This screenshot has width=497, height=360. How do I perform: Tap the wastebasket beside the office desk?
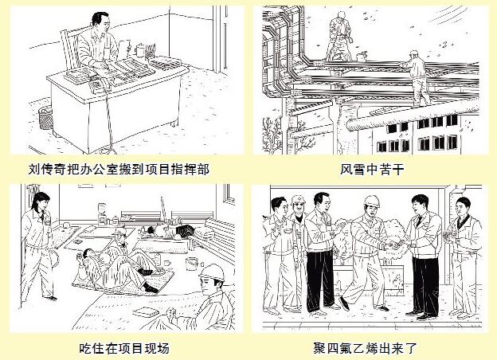pos(45,118)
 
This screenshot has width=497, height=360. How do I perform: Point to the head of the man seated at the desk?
pos(100,21)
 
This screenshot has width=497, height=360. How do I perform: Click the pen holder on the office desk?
pos(150,52)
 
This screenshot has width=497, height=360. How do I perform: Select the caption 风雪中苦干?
pos(372,170)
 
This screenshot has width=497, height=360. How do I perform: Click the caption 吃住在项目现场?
pos(124,348)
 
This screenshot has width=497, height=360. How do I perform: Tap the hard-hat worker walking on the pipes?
pos(417,78)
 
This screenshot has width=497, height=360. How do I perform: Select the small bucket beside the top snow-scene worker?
pos(361,57)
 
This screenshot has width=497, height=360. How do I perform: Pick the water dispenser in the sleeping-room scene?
pos(102,213)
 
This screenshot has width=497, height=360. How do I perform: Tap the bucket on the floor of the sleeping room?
pos(191,264)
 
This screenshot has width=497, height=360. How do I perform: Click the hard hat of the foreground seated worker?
pos(212,272)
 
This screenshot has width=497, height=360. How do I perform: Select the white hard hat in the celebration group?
pos(372,202)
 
